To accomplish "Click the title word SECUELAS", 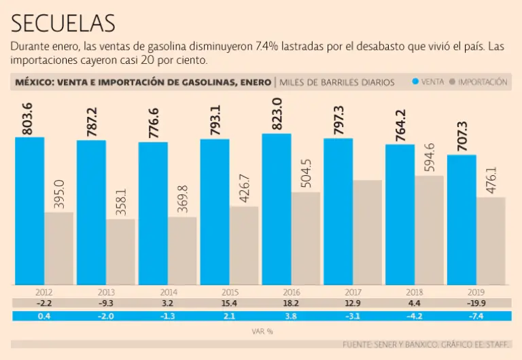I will [x=63, y=23].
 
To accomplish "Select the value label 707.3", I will [x=462, y=135].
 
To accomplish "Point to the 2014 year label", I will [x=153, y=291].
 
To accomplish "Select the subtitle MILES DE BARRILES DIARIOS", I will [x=337, y=82].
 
